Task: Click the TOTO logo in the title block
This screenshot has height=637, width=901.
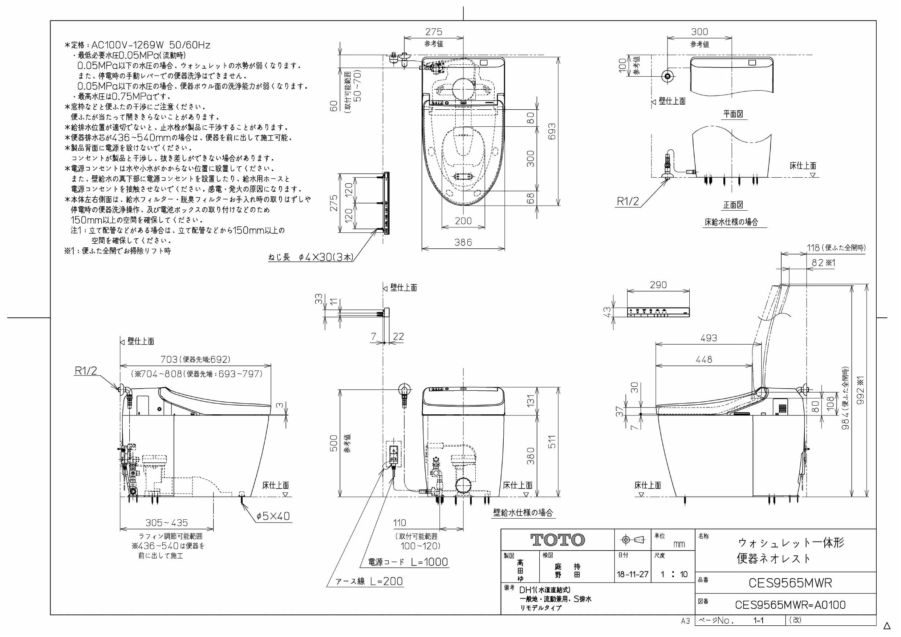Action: click(x=557, y=540)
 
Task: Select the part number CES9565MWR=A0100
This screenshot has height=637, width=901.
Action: click(x=790, y=605)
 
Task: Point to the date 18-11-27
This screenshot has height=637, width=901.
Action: click(x=633, y=575)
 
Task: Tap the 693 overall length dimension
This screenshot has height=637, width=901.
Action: click(x=552, y=131)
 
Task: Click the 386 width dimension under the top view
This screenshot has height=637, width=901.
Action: click(x=463, y=242)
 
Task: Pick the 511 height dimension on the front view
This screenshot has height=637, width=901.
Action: click(x=552, y=442)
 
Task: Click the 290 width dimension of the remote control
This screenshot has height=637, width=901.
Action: click(x=658, y=285)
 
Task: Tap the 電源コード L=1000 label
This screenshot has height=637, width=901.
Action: click(x=408, y=562)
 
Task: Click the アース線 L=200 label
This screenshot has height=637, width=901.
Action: click(x=369, y=581)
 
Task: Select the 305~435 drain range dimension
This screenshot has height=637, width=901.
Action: click(x=166, y=523)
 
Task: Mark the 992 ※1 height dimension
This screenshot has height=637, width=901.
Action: click(x=860, y=397)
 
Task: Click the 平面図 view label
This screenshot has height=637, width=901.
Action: click(x=733, y=114)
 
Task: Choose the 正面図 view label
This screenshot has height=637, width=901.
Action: click(x=733, y=205)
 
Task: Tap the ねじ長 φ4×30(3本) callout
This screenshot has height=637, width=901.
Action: click(x=311, y=257)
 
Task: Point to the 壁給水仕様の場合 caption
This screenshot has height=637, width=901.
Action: click(x=523, y=512)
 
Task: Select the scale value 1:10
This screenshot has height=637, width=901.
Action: click(x=674, y=575)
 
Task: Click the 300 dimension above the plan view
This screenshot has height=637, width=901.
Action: click(x=699, y=32)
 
